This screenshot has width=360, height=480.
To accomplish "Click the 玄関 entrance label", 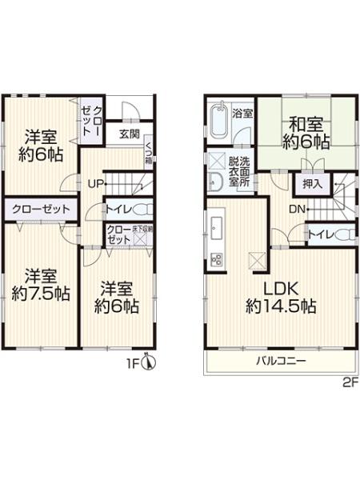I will tap(130, 134).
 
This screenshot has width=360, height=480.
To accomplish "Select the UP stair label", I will tap(94, 183).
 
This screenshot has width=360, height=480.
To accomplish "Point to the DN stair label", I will tap(296, 209).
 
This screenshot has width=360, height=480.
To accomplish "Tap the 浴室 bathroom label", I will tap(242, 113).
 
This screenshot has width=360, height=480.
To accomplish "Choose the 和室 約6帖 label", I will tap(306, 133).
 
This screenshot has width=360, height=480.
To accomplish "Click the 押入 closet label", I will tap(312, 184).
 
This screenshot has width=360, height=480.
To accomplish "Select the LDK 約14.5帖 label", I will tap(279, 297).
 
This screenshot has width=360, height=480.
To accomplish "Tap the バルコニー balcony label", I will tap(281, 361).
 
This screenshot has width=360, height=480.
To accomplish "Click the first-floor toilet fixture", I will tap(142, 210).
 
